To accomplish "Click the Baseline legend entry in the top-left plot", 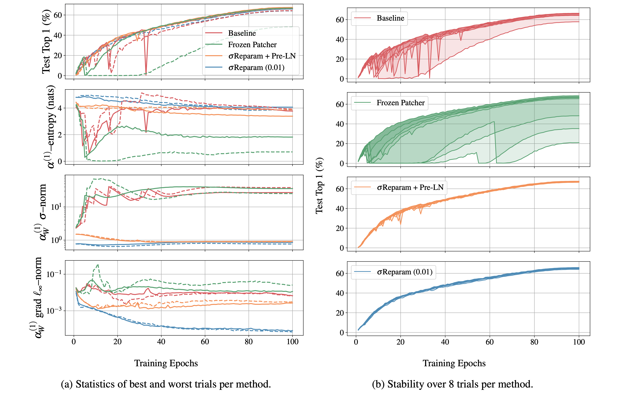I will (242, 33).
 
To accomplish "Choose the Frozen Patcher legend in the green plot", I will (400, 103).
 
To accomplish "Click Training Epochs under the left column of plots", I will (166, 363).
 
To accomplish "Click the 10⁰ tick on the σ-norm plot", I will (56, 240).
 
